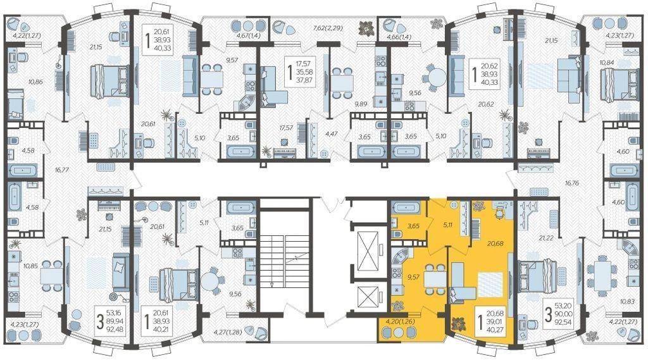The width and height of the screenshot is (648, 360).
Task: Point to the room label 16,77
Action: coord(61,170)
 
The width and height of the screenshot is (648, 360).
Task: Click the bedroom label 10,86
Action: coord(36,82)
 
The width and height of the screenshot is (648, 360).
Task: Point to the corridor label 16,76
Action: coord(572,182)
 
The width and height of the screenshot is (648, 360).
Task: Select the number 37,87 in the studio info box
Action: coord(304,80)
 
